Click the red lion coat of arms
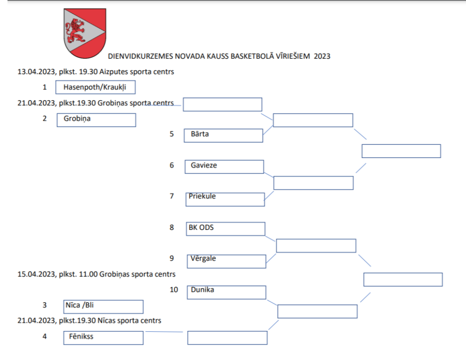click(x=85, y=33)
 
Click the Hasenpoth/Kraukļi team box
click(x=96, y=87)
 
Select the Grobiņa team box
click(x=96, y=120)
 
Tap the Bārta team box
click(x=223, y=135)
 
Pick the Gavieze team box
click(x=224, y=167)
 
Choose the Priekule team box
click(x=225, y=199)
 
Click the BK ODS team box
click(x=226, y=228)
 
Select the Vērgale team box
click(x=227, y=261)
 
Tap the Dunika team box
click(x=226, y=292)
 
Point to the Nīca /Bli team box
click(x=103, y=306)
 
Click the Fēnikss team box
click(x=103, y=338)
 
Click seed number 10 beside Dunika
click(x=174, y=289)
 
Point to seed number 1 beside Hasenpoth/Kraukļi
click(x=45, y=87)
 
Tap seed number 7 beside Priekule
click(x=172, y=196)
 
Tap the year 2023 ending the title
click(x=322, y=56)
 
